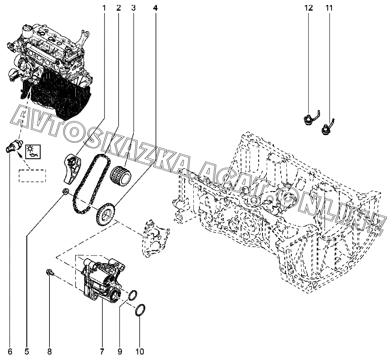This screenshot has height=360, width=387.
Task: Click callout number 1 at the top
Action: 104,8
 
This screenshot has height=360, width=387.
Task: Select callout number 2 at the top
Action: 118,8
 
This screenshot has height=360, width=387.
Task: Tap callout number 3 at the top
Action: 133,8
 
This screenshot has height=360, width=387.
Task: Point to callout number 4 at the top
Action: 155,8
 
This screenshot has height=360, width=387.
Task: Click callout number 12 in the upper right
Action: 309,8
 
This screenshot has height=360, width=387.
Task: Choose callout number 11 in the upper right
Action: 329,8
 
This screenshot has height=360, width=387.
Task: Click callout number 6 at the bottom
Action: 10,352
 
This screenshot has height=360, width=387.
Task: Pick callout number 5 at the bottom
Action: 27,352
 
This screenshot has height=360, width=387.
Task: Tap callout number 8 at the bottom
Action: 49,352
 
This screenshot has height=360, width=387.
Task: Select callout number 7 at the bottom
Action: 102,352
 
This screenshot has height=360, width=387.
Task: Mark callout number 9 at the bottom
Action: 120,352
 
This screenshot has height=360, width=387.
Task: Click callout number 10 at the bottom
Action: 140,352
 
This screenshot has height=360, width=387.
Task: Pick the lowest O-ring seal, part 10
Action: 140,310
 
